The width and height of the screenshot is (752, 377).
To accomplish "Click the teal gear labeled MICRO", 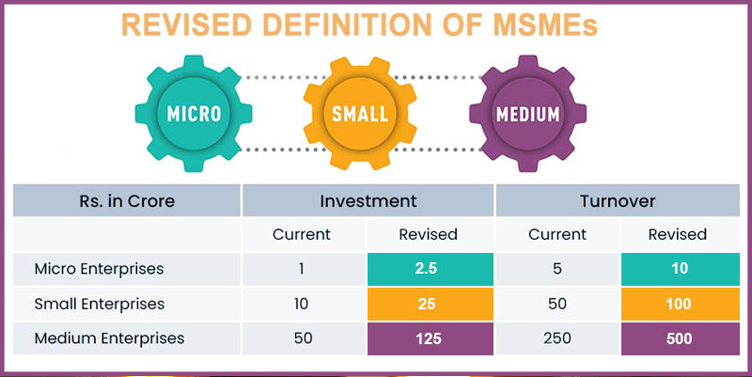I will (194, 114).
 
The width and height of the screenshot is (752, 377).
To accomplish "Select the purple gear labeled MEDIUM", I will (527, 114).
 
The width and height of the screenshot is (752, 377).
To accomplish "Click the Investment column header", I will (368, 200).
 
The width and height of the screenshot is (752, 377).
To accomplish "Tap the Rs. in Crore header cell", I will (127, 200).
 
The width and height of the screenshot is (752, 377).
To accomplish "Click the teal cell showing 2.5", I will (429, 269).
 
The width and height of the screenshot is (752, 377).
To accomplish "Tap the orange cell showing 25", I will (429, 304).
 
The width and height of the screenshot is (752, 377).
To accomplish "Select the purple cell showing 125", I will (429, 338).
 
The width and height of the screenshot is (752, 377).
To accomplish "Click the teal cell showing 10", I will (679, 269).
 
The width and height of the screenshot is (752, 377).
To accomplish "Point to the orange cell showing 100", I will (679, 304).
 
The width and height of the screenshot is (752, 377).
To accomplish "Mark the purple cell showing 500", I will (679, 338).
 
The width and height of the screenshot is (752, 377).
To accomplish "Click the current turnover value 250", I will (556, 338).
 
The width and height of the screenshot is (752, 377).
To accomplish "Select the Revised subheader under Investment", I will (429, 234).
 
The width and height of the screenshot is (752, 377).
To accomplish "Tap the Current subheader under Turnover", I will (556, 234).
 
